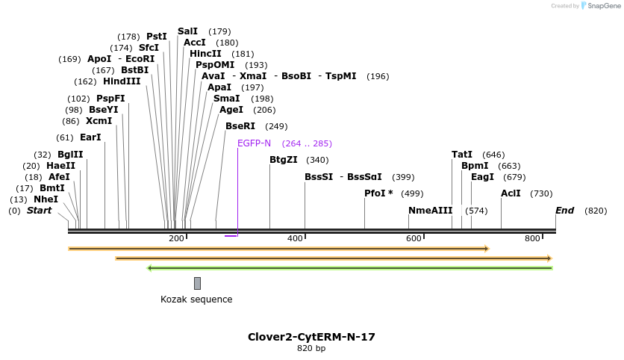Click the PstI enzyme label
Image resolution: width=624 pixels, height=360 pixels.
point(157,37)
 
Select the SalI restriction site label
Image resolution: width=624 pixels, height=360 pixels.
point(187,31)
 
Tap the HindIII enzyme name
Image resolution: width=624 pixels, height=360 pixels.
point(122,81)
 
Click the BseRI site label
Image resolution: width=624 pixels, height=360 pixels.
point(240,126)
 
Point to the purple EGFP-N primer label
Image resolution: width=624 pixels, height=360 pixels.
point(254,143)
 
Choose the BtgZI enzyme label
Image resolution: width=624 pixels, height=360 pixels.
point(283,159)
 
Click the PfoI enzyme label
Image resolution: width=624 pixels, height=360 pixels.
point(378,193)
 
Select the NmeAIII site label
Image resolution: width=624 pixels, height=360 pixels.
point(430,211)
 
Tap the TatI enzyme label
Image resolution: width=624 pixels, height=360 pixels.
point(462,155)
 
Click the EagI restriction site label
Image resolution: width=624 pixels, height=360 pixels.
point(482,177)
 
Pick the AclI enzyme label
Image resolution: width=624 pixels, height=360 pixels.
point(511,193)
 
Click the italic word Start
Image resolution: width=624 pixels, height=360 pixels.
point(40,211)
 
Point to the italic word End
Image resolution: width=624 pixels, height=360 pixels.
point(564,211)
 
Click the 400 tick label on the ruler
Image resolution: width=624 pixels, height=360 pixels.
point(295,238)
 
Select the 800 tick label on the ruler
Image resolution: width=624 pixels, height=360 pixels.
point(532,238)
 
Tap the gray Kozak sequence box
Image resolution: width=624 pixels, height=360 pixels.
point(197,283)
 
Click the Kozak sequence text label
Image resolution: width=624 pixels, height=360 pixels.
point(196,300)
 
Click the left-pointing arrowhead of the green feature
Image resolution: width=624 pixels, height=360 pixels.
point(150,267)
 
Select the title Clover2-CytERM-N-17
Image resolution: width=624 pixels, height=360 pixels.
point(311,337)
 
